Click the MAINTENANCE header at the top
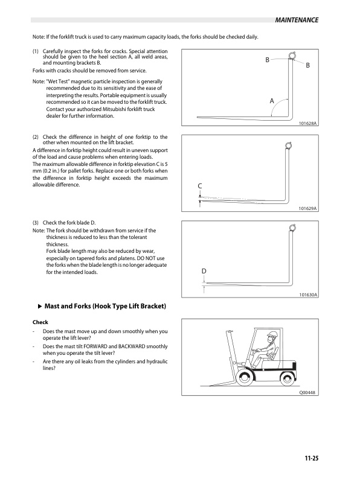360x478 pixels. click(x=296, y=21)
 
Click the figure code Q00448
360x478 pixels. click(x=308, y=392)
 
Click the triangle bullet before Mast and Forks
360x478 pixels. click(x=40, y=307)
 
